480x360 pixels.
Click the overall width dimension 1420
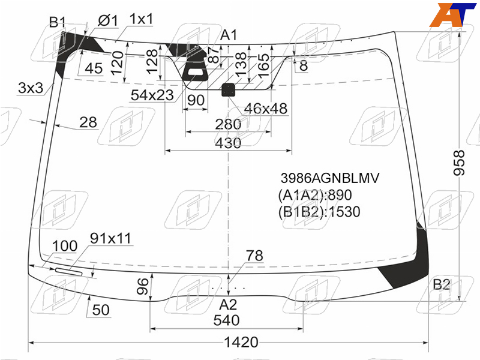241,342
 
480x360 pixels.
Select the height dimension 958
459,163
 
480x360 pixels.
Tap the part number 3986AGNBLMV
330,178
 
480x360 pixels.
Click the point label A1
229,35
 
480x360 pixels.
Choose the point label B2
441,284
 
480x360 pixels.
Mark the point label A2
228,305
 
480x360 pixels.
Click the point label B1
58,22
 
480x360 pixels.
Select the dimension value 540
226,320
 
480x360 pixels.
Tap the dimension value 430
228,143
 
